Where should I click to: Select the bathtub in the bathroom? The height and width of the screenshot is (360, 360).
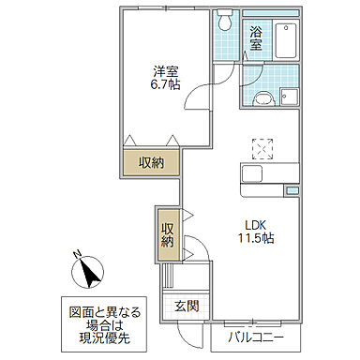point(285,39)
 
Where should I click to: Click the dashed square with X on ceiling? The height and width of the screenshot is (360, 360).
point(262,147)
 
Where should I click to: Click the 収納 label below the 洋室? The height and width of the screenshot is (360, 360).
point(152,162)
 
